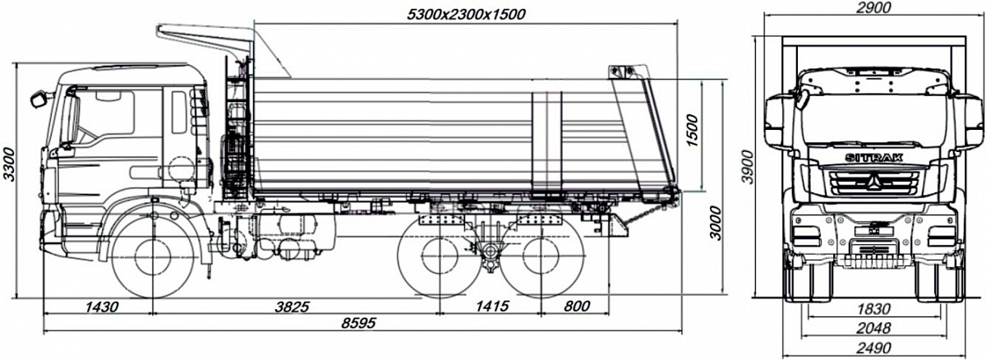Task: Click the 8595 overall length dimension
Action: [x=359, y=323]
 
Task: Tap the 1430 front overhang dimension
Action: [x=102, y=307]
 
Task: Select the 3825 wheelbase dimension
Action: [x=293, y=307]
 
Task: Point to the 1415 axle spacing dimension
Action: [x=492, y=306]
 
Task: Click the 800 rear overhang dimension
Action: [x=577, y=306]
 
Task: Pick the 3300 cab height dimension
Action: [x=9, y=164]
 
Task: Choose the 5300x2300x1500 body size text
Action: [x=467, y=15]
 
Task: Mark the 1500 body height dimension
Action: [x=692, y=131]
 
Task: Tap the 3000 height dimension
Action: [x=716, y=223]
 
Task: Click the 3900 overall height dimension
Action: [x=748, y=167]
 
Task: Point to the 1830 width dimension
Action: [x=873, y=309]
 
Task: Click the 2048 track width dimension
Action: [x=873, y=328]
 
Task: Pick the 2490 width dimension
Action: [x=873, y=348]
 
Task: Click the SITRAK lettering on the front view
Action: [x=873, y=158]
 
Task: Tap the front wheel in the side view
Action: [x=152, y=257]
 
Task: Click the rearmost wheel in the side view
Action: [x=541, y=257]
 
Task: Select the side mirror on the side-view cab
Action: [x=39, y=99]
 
